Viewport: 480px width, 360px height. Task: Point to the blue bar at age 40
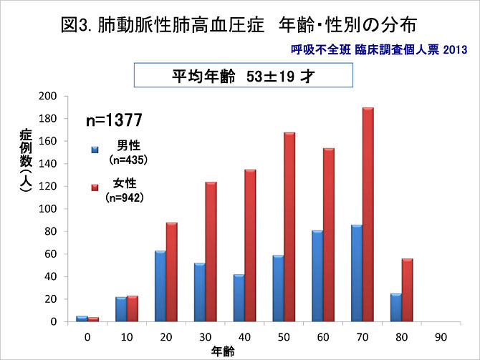click(239, 298)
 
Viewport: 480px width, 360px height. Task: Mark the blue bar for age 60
click(317, 276)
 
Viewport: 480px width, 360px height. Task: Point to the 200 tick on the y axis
click(49, 96)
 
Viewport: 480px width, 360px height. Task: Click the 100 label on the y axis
click(49, 209)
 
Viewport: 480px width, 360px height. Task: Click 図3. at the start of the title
click(77, 26)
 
